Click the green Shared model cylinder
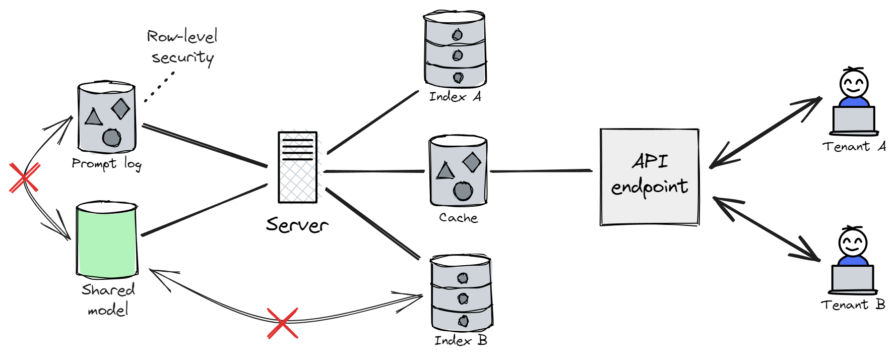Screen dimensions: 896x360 [107, 240]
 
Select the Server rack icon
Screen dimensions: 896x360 [298, 167]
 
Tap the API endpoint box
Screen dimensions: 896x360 [650, 177]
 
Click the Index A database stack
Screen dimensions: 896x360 [455, 49]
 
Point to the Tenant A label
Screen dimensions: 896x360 [854, 147]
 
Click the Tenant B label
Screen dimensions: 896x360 [853, 305]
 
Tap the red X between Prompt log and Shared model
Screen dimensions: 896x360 [24, 177]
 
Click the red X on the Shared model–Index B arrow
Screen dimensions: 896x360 [283, 323]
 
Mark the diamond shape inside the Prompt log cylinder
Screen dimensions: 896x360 [121, 108]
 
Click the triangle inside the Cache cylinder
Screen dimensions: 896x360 [445, 170]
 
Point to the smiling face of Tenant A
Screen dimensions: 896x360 [854, 84]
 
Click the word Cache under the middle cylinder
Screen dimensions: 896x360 [458, 218]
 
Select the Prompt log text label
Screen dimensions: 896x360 [106, 164]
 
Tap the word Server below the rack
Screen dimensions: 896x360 [297, 225]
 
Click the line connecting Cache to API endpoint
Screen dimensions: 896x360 [541, 171]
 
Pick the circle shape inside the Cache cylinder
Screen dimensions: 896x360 [463, 191]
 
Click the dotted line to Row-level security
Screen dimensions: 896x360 [159, 87]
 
